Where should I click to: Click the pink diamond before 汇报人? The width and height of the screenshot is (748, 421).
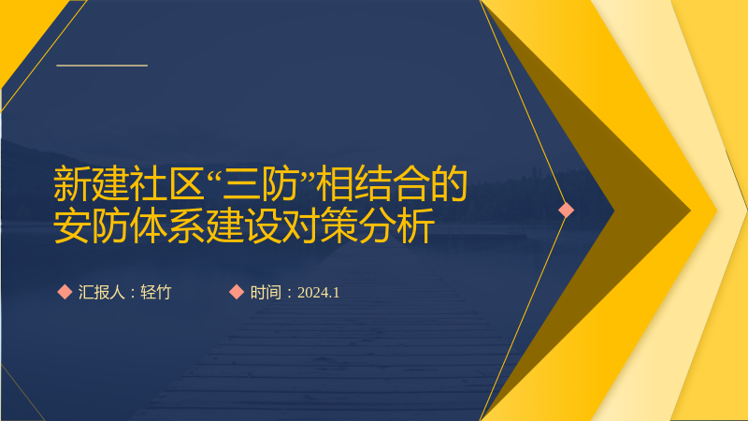[x=65, y=292]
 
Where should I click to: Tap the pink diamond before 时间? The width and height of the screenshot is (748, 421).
[x=237, y=292]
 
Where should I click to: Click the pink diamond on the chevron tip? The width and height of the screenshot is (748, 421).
[x=567, y=210]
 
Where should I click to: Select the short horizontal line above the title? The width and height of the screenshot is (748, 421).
[x=102, y=65]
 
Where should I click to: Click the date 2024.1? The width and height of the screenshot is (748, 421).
[x=318, y=293]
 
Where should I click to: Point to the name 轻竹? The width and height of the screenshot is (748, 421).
[x=156, y=292]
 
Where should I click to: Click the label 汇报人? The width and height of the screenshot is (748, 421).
[x=102, y=292]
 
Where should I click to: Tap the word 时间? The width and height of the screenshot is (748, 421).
[x=266, y=292]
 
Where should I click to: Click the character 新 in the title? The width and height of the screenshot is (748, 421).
[x=72, y=183]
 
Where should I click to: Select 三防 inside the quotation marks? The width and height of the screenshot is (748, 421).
[x=260, y=183]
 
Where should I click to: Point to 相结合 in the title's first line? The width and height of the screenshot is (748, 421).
[x=372, y=183]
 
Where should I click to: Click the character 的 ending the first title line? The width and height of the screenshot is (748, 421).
[x=449, y=183]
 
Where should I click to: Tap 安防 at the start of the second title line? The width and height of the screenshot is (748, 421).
[x=91, y=225]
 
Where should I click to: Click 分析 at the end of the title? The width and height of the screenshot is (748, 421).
[x=396, y=225]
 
